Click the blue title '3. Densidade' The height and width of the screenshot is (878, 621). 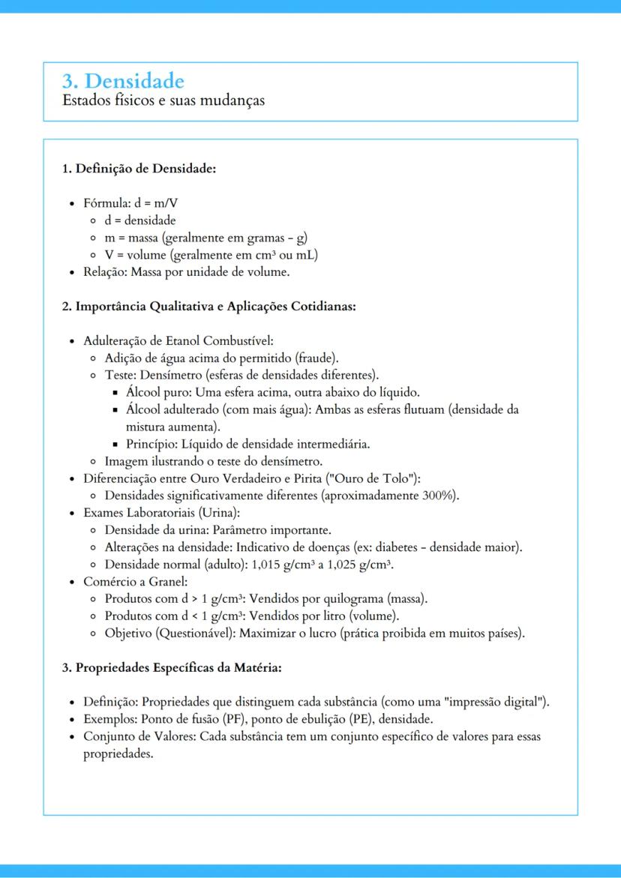click(x=123, y=80)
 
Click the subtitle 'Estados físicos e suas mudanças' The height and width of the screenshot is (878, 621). click(x=163, y=100)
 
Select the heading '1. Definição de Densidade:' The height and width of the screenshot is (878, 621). click(x=139, y=169)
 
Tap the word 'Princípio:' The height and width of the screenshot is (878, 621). click(x=152, y=444)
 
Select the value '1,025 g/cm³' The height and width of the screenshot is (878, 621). click(x=362, y=565)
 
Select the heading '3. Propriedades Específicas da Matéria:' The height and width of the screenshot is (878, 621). click(x=172, y=667)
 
